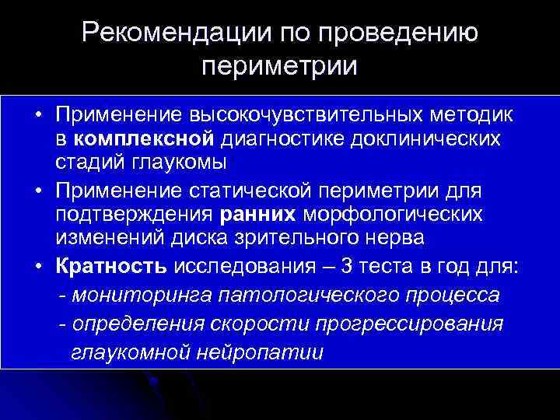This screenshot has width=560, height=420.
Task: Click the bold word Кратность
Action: point(111,267)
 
